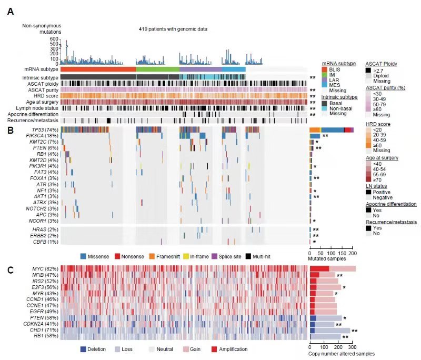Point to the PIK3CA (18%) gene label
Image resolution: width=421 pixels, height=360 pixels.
coord(44,136)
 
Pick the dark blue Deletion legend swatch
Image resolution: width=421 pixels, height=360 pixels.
coord(83,349)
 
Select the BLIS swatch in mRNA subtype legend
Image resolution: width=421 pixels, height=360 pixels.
coord(324,69)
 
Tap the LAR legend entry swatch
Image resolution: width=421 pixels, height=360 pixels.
coord(324,80)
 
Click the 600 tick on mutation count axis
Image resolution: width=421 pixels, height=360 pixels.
coord(54,39)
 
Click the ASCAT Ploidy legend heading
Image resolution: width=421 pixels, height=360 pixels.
coord(382,64)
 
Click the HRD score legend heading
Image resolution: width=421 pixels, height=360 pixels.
coord(377,124)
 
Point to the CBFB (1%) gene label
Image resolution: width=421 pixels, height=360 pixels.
coord(47,242)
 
